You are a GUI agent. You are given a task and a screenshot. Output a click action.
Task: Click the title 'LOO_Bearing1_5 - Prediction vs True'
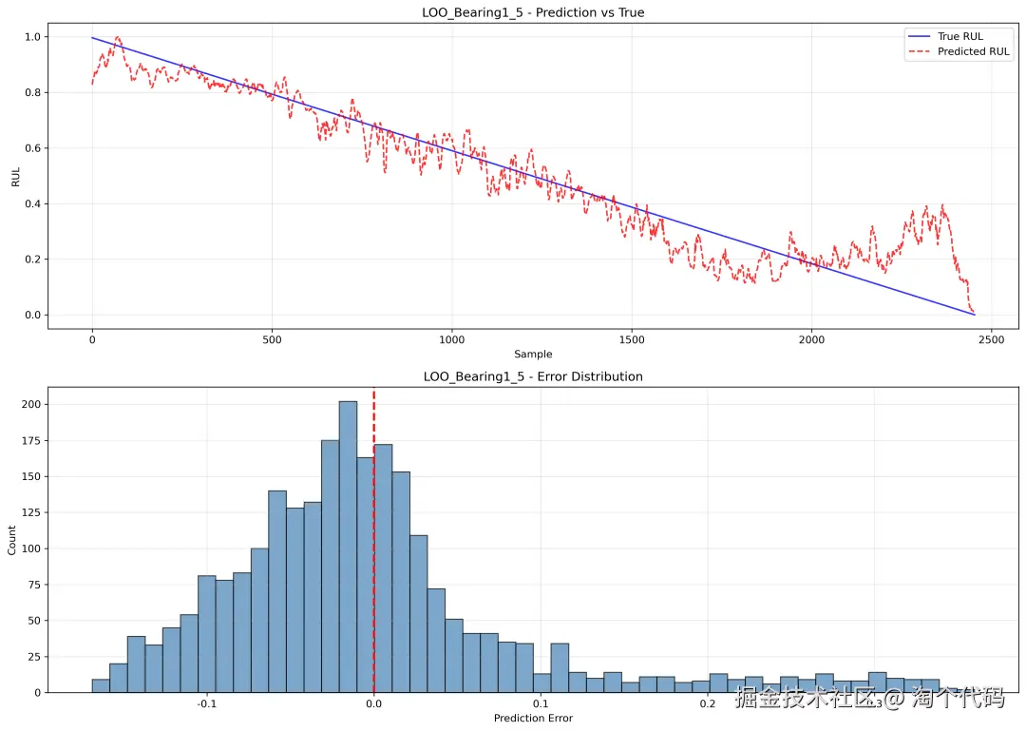click(x=533, y=12)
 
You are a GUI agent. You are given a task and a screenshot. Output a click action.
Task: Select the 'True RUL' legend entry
click(x=960, y=37)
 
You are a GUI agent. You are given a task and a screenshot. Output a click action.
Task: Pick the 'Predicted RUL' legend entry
click(x=973, y=51)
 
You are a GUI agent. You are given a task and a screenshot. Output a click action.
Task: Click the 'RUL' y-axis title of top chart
click(x=15, y=176)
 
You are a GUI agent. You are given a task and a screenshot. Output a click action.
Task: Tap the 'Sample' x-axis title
click(x=533, y=354)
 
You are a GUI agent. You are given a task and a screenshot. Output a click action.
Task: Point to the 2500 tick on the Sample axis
click(x=992, y=338)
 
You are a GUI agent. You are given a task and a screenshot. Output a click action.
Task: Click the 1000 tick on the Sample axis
click(x=452, y=338)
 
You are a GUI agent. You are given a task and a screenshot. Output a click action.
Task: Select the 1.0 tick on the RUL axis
click(x=31, y=37)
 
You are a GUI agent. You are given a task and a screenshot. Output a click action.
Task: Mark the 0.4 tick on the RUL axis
click(x=31, y=203)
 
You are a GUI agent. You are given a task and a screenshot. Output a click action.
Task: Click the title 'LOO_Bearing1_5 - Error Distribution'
click(x=533, y=376)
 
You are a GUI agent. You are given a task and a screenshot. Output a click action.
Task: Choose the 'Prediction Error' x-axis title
click(x=533, y=718)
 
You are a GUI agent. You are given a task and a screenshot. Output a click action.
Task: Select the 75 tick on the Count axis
click(x=31, y=585)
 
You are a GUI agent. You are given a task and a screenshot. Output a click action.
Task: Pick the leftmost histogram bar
click(x=100, y=685)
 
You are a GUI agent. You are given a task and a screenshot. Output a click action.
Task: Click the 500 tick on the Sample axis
click(x=272, y=338)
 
